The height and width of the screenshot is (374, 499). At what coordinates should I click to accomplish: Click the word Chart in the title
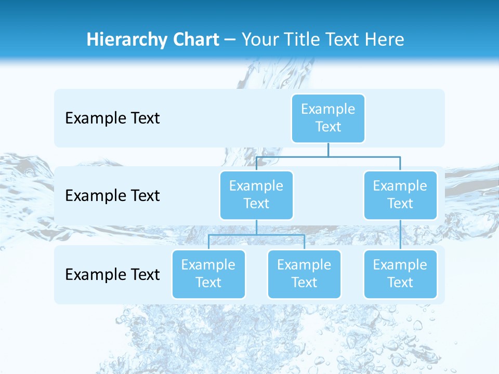(195, 40)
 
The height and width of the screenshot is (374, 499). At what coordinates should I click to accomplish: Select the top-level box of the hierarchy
(328, 118)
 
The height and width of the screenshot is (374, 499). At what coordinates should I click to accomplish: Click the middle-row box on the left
(256, 195)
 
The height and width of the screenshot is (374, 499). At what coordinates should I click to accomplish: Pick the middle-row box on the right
(400, 195)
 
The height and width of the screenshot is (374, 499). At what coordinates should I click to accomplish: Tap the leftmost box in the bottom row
(208, 274)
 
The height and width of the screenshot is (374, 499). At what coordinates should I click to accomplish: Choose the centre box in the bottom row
(304, 274)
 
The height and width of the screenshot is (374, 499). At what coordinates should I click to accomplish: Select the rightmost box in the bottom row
(400, 274)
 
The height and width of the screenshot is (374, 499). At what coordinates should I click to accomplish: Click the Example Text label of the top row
(112, 118)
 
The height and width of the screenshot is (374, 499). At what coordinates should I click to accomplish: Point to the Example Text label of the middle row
(112, 196)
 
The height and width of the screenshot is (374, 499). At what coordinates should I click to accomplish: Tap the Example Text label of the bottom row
(112, 274)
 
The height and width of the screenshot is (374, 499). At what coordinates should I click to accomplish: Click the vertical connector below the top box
(328, 150)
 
